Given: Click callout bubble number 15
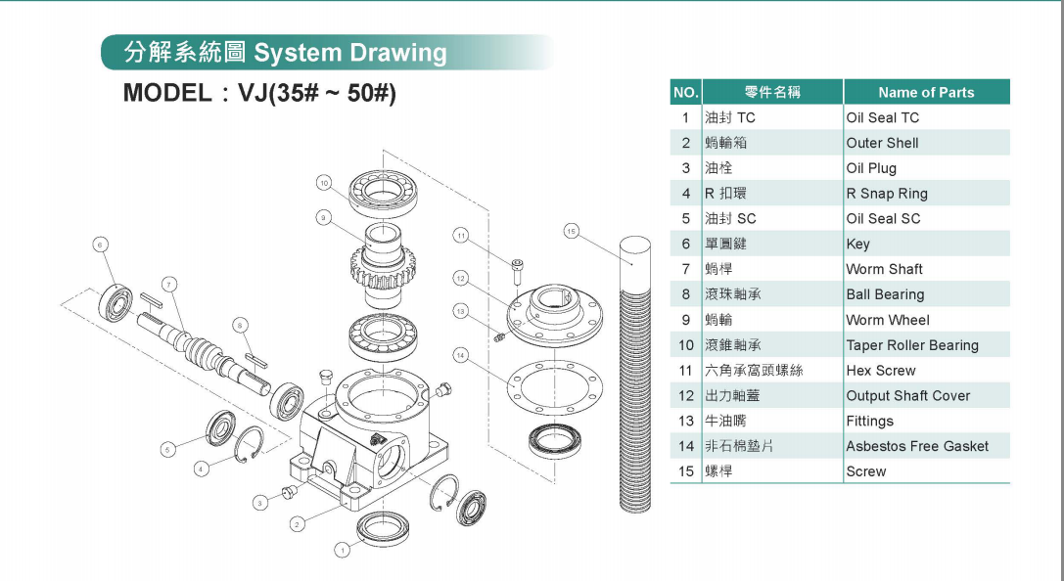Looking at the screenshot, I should tap(572, 232).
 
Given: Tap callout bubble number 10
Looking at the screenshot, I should tap(325, 182).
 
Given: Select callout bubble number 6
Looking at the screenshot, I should tap(100, 244).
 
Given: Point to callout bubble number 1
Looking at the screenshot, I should tap(342, 551).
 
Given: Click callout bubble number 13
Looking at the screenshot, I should tap(461, 310).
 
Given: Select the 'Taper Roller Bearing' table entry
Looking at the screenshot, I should tap(911, 345).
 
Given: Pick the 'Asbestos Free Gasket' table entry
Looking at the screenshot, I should tap(916, 446).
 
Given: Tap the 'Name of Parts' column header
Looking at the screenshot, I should tap(925, 92).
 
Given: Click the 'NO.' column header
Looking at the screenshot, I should tap(685, 92).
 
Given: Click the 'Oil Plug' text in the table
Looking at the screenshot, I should tap(870, 168).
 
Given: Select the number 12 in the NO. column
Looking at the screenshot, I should tap(685, 396).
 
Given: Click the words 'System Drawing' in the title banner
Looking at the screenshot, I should tap(349, 53).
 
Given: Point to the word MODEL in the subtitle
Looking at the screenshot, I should tap(166, 94).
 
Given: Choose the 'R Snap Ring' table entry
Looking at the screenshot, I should tap(886, 194).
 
